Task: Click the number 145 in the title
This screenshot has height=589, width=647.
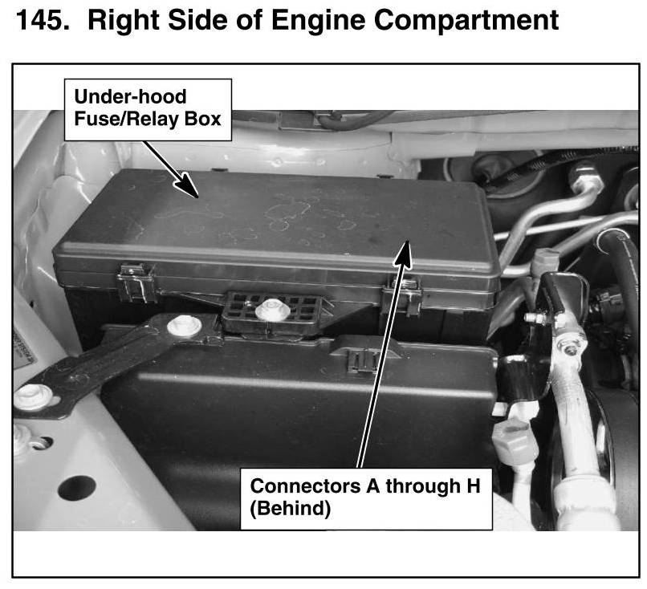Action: pyautogui.click(x=43, y=20)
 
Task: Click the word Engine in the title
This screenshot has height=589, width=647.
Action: pyautogui.click(x=318, y=22)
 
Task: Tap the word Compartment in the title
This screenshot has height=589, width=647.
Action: pyautogui.click(x=466, y=22)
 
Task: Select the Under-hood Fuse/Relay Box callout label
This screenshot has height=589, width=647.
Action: pyautogui.click(x=148, y=109)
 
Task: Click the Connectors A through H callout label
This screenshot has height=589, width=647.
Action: pyautogui.click(x=366, y=498)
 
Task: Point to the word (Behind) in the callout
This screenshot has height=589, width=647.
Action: pyautogui.click(x=290, y=509)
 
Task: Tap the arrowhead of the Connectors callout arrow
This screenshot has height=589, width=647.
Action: pyautogui.click(x=404, y=253)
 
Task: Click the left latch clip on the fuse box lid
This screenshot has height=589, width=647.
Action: pyautogui.click(x=136, y=282)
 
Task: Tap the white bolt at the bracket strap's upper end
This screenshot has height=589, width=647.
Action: pyautogui.click(x=184, y=326)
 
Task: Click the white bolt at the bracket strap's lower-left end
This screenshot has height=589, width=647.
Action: pyautogui.click(x=33, y=396)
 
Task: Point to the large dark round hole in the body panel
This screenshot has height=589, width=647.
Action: pyautogui.click(x=77, y=489)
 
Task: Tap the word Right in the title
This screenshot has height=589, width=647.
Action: pyautogui.click(x=124, y=22)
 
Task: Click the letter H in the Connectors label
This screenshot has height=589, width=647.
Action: pyautogui.click(x=474, y=485)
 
